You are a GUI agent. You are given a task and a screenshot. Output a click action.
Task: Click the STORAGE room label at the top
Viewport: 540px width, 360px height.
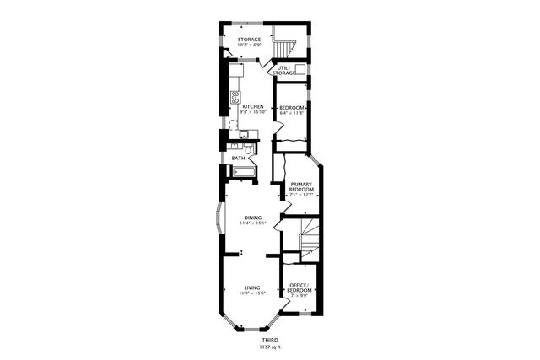[x=248, y=39]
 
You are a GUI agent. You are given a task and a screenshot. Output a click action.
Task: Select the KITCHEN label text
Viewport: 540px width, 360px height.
[x=253, y=106]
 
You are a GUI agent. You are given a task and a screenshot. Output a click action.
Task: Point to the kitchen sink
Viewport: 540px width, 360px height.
[x=243, y=134]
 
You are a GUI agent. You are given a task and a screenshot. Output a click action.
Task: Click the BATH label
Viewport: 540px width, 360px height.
[x=238, y=158]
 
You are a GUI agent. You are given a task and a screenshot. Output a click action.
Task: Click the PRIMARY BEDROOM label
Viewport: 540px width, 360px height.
[x=301, y=187]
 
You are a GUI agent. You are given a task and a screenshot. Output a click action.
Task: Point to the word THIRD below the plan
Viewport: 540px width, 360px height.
[x=269, y=340]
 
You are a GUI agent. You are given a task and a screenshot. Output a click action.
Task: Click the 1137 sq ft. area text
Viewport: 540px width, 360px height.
[x=269, y=347]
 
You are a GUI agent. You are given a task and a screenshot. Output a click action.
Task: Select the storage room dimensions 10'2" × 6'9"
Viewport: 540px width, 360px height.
[x=248, y=45]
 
